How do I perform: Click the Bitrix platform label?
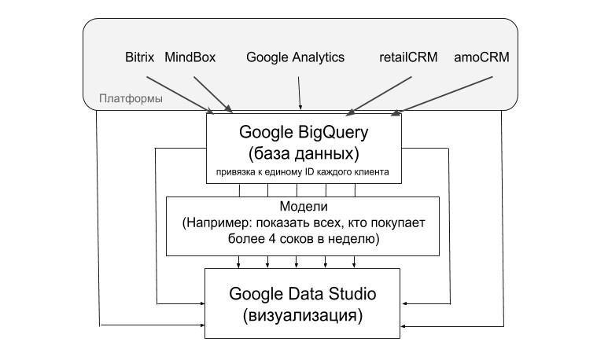pyautogui.click(x=139, y=57)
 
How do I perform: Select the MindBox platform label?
pyautogui.click(x=190, y=57)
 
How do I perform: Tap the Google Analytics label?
pyautogui.click(x=295, y=57)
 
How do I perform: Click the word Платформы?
pyautogui.click(x=131, y=99)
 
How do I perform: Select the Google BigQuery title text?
pyautogui.click(x=304, y=130)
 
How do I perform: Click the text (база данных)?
pyautogui.click(x=304, y=152)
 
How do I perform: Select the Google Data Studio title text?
pyautogui.click(x=304, y=295)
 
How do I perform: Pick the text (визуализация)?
pyautogui.click(x=304, y=317)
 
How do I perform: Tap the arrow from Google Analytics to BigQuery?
pyautogui.click(x=299, y=93)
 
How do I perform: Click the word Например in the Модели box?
pyautogui.click(x=219, y=222)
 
